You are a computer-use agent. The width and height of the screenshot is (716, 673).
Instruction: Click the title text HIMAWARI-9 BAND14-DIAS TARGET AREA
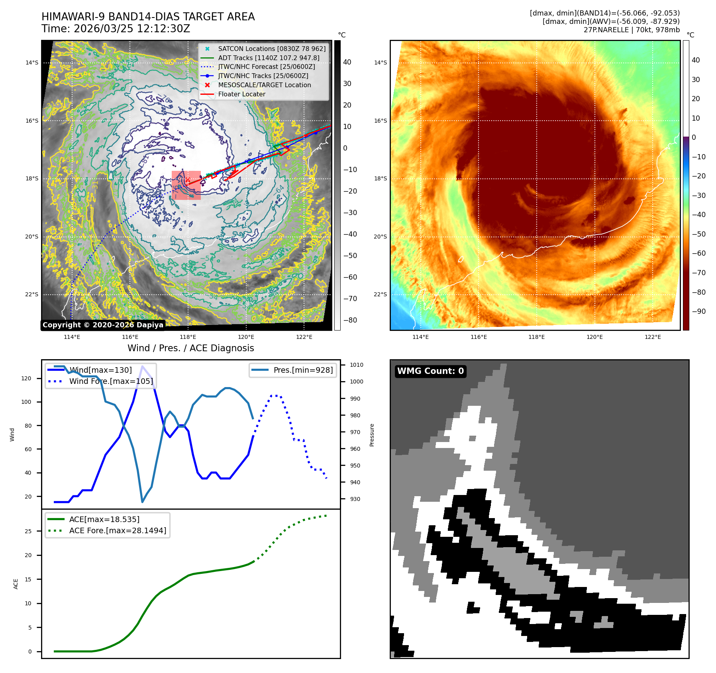tap(148, 17)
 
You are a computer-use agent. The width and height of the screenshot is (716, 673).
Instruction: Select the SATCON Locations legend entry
tap(271, 49)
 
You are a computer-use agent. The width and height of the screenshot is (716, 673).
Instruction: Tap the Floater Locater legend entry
tap(241, 94)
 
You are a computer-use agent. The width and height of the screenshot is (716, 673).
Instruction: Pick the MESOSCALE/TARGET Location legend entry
tap(264, 85)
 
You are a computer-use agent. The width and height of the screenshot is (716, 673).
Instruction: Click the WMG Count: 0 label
tap(430, 371)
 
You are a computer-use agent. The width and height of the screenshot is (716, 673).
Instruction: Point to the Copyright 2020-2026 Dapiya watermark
tap(103, 325)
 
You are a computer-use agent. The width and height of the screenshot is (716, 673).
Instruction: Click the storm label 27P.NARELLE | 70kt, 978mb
tap(632, 30)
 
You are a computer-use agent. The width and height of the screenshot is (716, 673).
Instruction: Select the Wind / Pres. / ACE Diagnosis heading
tap(190, 348)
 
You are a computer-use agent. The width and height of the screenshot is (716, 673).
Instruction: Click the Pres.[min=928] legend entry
tap(303, 370)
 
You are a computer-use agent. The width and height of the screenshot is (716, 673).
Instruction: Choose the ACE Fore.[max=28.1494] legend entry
tap(118, 530)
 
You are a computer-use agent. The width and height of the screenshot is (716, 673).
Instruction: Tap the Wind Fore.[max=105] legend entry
tap(111, 381)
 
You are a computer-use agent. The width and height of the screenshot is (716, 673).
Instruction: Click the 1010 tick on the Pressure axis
tap(356, 365)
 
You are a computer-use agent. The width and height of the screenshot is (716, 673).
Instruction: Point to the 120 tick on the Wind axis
tap(26, 378)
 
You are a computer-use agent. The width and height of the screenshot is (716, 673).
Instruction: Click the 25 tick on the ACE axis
tap(28, 531)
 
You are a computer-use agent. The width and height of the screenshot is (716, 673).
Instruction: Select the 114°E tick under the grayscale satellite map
tap(72, 337)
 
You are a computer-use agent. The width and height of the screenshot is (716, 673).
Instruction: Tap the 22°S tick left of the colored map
tap(380, 295)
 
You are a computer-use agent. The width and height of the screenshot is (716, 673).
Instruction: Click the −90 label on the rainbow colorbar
tap(698, 311)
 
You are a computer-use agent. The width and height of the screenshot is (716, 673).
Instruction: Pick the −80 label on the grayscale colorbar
tap(350, 320)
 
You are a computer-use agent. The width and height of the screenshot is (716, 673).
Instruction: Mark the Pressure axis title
tap(372, 435)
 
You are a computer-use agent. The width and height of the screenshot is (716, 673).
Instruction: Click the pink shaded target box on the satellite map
tap(186, 185)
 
